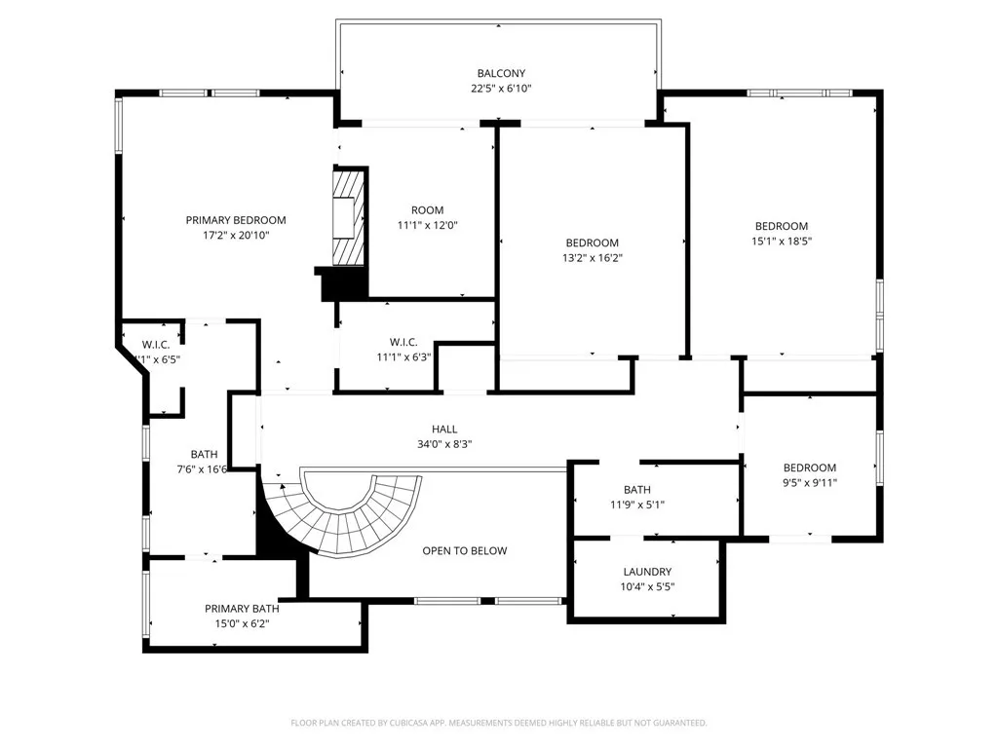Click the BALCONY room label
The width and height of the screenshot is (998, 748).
(501, 73)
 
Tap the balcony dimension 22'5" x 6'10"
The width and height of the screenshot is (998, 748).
(501, 89)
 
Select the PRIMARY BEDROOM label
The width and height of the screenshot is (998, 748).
(236, 220)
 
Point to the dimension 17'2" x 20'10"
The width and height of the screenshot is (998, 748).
(236, 236)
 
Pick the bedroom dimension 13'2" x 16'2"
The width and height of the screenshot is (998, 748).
(593, 258)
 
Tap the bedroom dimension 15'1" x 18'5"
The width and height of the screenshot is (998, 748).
(781, 242)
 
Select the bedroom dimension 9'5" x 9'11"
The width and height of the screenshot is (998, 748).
(810, 482)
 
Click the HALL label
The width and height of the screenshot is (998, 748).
(444, 429)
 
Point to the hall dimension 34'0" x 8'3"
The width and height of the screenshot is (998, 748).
(444, 444)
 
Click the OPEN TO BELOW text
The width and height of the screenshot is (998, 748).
(465, 550)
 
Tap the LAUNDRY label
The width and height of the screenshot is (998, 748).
(647, 572)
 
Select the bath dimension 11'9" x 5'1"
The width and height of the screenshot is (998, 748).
(636, 505)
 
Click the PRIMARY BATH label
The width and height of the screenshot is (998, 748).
(236, 608)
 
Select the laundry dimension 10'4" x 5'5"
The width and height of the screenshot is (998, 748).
(647, 587)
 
